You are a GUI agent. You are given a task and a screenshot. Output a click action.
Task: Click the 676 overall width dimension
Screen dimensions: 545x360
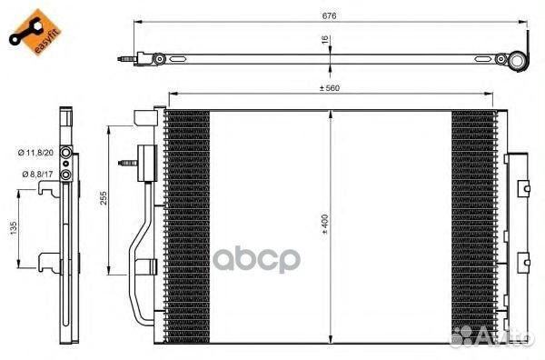[x=329, y=16]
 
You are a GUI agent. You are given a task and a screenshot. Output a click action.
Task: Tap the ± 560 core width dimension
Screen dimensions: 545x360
[x=330, y=88]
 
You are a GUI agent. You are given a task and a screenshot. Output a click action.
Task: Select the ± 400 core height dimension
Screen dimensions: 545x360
[x=324, y=225]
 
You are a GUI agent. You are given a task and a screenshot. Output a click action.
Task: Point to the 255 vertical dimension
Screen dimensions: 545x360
[x=104, y=197]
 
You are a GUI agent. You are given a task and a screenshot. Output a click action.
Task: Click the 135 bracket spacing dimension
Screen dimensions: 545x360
[x=14, y=228]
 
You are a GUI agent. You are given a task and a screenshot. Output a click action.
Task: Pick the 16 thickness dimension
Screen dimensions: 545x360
[x=325, y=40]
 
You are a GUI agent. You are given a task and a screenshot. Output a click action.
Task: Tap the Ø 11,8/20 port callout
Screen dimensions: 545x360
[x=35, y=153]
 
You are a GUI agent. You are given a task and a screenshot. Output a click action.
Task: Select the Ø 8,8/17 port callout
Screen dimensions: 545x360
[x=37, y=174]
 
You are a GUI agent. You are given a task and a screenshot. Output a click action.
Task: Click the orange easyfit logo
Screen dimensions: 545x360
[x=35, y=32]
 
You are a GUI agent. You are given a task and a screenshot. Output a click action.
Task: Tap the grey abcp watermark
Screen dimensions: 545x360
[x=256, y=259]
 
